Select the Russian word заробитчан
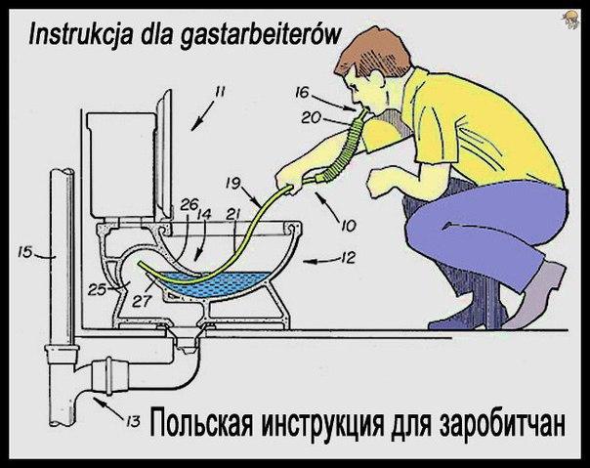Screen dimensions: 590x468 [502, 425]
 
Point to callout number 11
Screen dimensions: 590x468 [220, 92]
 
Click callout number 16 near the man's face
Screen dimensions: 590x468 [302, 92]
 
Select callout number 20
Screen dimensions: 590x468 [311, 118]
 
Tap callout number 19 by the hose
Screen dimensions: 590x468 [233, 184]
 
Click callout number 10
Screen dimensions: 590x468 [349, 226]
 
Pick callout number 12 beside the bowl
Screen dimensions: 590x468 [348, 258]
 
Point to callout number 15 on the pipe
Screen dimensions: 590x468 [24, 252]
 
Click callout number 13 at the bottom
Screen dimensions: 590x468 [133, 422]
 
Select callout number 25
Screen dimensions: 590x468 [97, 289]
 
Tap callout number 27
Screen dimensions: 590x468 [143, 301]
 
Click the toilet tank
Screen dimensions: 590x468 [121, 164]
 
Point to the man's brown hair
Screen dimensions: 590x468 [375, 51]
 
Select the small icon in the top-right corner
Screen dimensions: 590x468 [569, 20]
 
